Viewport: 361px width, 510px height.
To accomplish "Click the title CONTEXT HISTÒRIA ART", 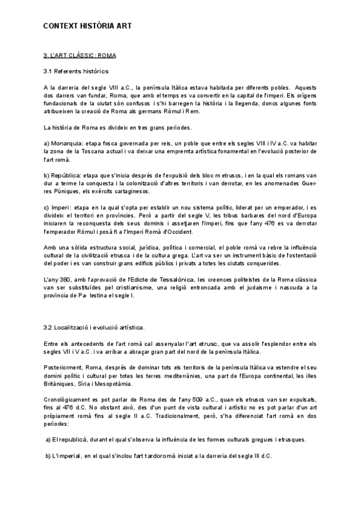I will pos(87,26).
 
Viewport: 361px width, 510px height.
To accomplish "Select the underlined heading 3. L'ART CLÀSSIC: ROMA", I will pos(79,55).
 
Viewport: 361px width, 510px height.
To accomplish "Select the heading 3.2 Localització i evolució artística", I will pos(94,328).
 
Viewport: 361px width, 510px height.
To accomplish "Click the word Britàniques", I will pos(60,383).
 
